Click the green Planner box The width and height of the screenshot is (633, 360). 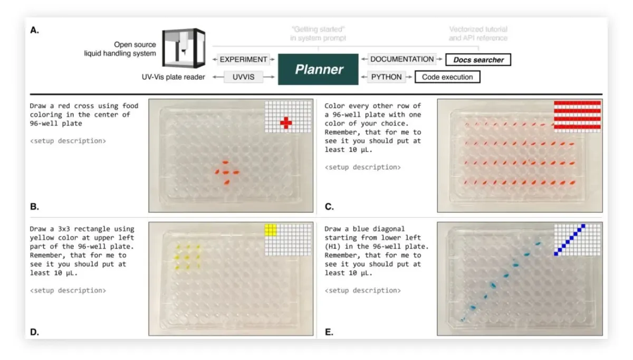[x=318, y=69]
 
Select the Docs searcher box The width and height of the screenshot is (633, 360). [x=478, y=60]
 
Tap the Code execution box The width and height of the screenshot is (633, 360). [x=447, y=77]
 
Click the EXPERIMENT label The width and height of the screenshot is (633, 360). [x=243, y=60]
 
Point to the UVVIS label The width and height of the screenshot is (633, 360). [x=243, y=77]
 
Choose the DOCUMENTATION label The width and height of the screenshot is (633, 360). [x=402, y=59]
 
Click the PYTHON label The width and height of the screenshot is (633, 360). [x=386, y=77]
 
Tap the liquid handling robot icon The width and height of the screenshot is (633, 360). [x=184, y=48]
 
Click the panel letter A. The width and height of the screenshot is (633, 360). [x=34, y=30]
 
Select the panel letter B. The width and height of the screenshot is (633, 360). [x=34, y=206]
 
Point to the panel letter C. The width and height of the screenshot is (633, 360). [x=329, y=206]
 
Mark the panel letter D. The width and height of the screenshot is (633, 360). [x=34, y=331]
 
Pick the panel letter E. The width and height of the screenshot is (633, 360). [x=329, y=331]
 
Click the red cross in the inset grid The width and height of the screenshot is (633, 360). [x=286, y=123]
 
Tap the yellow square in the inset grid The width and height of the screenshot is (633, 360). [x=271, y=230]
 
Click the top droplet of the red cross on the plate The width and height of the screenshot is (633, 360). [x=225, y=163]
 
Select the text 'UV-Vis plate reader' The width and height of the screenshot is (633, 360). [x=173, y=77]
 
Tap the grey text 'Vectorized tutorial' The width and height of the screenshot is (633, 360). [x=478, y=29]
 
